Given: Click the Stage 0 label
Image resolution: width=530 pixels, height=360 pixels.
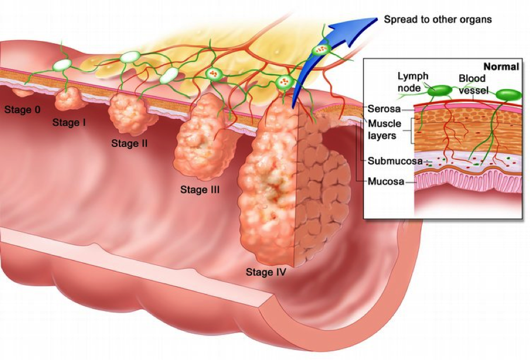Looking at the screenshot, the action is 22,109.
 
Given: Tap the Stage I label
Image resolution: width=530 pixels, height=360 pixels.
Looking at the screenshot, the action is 69,122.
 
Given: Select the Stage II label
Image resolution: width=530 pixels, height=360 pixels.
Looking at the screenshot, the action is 129,143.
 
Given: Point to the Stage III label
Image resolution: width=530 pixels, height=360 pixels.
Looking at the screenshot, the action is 199,190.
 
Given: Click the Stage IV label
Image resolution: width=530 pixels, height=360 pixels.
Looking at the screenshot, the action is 266,272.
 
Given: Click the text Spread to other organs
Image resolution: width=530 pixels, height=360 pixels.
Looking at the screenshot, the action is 438,20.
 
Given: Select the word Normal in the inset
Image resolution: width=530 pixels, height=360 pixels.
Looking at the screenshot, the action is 501,66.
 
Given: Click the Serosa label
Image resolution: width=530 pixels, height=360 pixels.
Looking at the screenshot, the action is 384,109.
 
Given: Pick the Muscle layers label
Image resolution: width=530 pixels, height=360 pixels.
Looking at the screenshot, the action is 384,129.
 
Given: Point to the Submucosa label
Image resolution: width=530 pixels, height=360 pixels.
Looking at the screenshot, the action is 395,161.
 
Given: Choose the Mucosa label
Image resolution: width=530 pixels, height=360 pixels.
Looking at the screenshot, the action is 386,181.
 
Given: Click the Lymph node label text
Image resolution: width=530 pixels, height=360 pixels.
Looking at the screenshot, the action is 413,82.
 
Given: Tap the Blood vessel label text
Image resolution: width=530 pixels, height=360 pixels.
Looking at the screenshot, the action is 473,84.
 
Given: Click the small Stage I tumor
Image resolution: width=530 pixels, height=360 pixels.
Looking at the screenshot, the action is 68,98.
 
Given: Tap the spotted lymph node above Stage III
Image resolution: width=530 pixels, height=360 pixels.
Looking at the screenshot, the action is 214,73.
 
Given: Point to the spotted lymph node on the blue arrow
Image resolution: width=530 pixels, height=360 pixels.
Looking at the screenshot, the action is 320,50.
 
